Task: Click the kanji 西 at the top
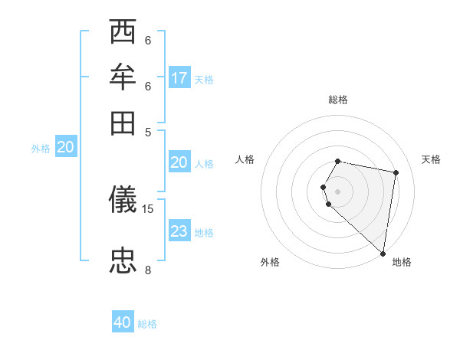coord(124,33)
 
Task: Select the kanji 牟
coord(124,78)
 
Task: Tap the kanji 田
coord(124,123)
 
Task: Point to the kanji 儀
coord(124,201)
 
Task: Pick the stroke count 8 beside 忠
coord(148,269)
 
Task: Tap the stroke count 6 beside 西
coord(148,40)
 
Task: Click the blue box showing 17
coord(179,78)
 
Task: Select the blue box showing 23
coord(179,231)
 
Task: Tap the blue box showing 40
coord(123,322)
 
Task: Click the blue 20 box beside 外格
coord(65,148)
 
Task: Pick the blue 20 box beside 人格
coord(179,162)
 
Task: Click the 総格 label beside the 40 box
coord(147,324)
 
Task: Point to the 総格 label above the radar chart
coord(338,100)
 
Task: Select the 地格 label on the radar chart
coord(402,262)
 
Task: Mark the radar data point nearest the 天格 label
coord(396,173)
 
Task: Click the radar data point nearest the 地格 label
coord(383,253)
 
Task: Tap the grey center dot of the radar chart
coord(338,191)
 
